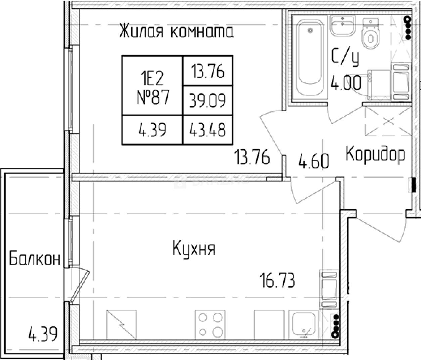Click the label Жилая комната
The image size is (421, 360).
176,32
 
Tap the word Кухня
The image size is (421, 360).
194,249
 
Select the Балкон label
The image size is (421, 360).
35,259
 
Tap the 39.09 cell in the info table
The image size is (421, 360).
207,100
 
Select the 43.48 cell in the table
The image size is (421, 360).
207,130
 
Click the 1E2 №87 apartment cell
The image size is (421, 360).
152,86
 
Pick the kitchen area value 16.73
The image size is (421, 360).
277,280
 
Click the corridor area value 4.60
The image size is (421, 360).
314,162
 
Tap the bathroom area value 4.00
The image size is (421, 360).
346,82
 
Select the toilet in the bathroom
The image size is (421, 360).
371,34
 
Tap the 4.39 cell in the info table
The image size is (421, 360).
152,130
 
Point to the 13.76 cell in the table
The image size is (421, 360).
207,71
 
